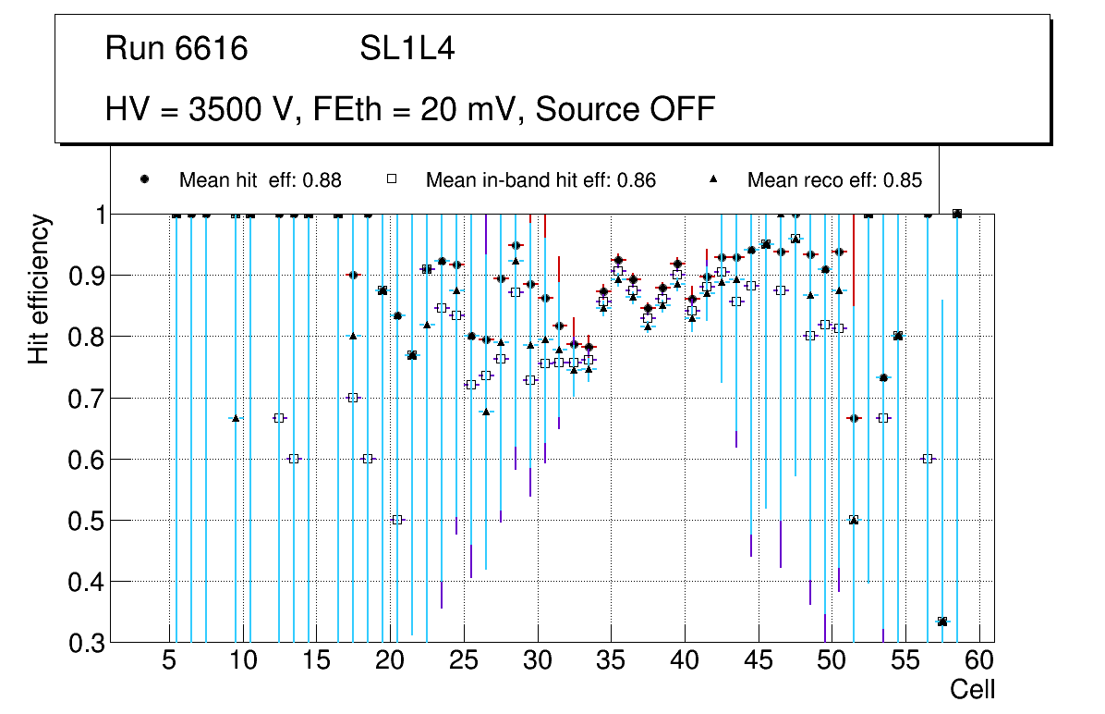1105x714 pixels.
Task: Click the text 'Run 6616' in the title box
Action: click(x=176, y=49)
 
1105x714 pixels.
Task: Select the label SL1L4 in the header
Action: click(x=407, y=49)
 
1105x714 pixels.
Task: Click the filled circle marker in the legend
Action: click(x=144, y=179)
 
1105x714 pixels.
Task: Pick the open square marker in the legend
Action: click(x=391, y=179)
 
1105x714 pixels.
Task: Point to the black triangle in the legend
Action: click(x=713, y=179)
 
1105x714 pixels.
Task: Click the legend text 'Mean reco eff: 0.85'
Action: click(x=834, y=180)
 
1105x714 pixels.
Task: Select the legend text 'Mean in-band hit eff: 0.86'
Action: click(x=540, y=180)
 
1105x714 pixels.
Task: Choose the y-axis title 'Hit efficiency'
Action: click(x=39, y=289)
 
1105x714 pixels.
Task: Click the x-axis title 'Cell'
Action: click(x=973, y=690)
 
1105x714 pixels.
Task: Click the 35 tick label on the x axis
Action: click(x=610, y=662)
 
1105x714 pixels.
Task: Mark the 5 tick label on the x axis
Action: click(x=169, y=662)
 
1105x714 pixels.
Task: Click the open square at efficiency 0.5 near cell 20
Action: click(x=397, y=520)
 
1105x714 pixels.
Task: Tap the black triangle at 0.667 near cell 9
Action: click(x=236, y=418)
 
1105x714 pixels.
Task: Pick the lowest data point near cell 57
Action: click(x=942, y=622)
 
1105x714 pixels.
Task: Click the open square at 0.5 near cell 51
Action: click(x=854, y=520)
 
